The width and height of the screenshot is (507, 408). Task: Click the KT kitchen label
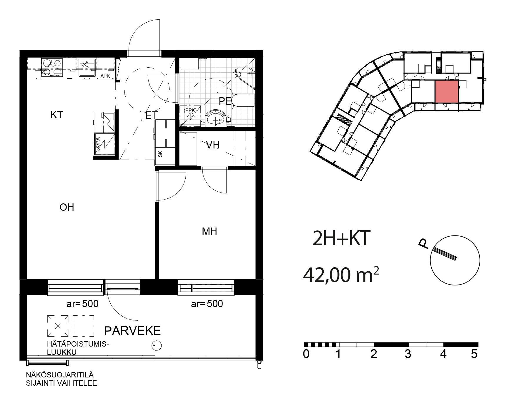point(57,115)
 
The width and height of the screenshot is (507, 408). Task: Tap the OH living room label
point(67,208)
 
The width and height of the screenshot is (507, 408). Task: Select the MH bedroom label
point(210,232)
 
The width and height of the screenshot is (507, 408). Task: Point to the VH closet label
point(212,145)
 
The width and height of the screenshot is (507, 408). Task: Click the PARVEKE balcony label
point(132,331)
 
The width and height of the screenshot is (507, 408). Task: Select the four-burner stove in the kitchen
point(52,67)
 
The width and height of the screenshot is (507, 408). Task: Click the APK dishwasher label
point(105,76)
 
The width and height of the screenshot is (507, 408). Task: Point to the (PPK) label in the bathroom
point(190,110)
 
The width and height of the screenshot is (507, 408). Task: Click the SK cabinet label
point(160,154)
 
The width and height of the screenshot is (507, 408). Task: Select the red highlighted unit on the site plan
point(447,92)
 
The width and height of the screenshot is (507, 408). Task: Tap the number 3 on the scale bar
point(408,354)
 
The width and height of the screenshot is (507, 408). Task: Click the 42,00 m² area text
point(341,275)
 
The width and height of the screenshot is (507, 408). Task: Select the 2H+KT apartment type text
point(341,238)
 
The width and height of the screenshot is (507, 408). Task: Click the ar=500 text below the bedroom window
point(207,304)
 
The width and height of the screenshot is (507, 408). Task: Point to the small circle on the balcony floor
point(156,345)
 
